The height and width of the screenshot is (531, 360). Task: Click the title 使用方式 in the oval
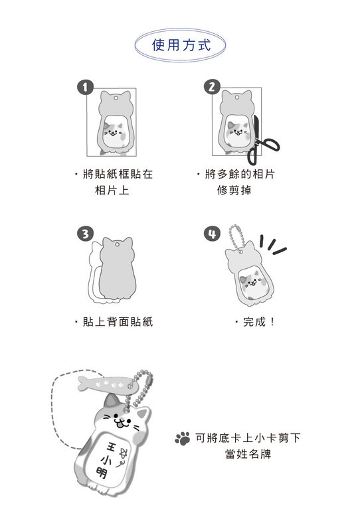181,45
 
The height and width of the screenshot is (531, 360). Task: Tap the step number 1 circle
85,88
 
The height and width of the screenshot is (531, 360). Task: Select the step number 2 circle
211,87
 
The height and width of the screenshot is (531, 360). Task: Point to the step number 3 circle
85,234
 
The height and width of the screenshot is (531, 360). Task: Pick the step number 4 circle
211,234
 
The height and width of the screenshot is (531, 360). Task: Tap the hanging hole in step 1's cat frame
116,98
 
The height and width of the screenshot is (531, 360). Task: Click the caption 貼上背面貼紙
118,322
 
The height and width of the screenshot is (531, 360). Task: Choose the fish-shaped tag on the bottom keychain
107,384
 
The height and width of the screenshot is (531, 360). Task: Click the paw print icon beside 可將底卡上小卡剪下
183,438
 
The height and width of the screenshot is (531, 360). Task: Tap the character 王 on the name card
111,447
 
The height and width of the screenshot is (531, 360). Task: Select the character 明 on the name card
102,473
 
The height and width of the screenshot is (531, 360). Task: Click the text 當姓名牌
248,454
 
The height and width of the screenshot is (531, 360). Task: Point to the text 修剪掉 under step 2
234,190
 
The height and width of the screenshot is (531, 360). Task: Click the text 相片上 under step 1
112,190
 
